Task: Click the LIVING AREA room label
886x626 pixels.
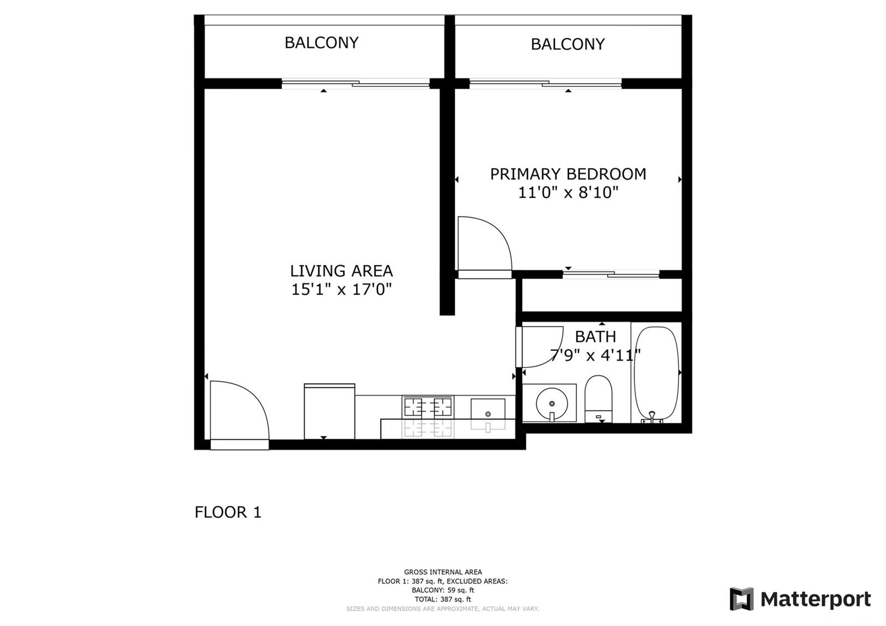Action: point(341,271)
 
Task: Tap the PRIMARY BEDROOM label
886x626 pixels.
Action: point(568,174)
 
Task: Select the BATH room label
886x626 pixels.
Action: point(595,337)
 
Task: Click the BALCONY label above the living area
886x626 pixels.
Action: point(322,43)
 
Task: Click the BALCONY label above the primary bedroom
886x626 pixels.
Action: point(568,44)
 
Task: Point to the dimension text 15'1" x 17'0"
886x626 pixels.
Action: point(341,290)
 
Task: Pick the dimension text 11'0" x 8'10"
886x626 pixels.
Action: point(568,193)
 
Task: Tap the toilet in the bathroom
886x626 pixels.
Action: point(599,398)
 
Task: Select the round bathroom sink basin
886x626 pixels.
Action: point(552,404)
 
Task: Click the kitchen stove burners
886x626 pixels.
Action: point(427,407)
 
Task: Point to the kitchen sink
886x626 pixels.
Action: point(488,409)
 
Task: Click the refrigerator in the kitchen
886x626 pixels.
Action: point(329,411)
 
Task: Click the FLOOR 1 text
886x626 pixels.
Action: point(228,512)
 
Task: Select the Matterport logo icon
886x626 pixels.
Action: point(741,599)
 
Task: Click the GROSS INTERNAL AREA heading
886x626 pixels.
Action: point(442,572)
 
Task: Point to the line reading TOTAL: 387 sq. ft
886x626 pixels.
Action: point(442,599)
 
